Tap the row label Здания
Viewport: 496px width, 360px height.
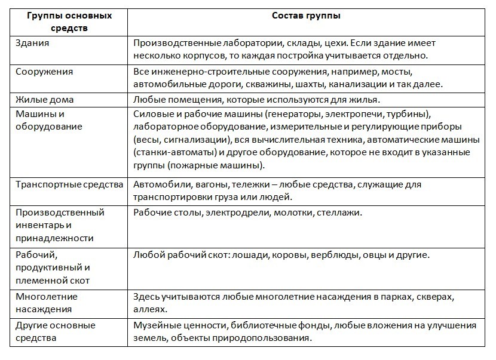tap(32, 44)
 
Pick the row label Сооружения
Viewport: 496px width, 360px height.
tap(44, 72)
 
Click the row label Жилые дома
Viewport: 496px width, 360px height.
tap(44, 99)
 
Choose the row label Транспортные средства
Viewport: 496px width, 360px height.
tap(69, 184)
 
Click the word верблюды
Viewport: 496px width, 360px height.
tap(334, 255)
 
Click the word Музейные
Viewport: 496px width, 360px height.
tap(157, 325)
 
